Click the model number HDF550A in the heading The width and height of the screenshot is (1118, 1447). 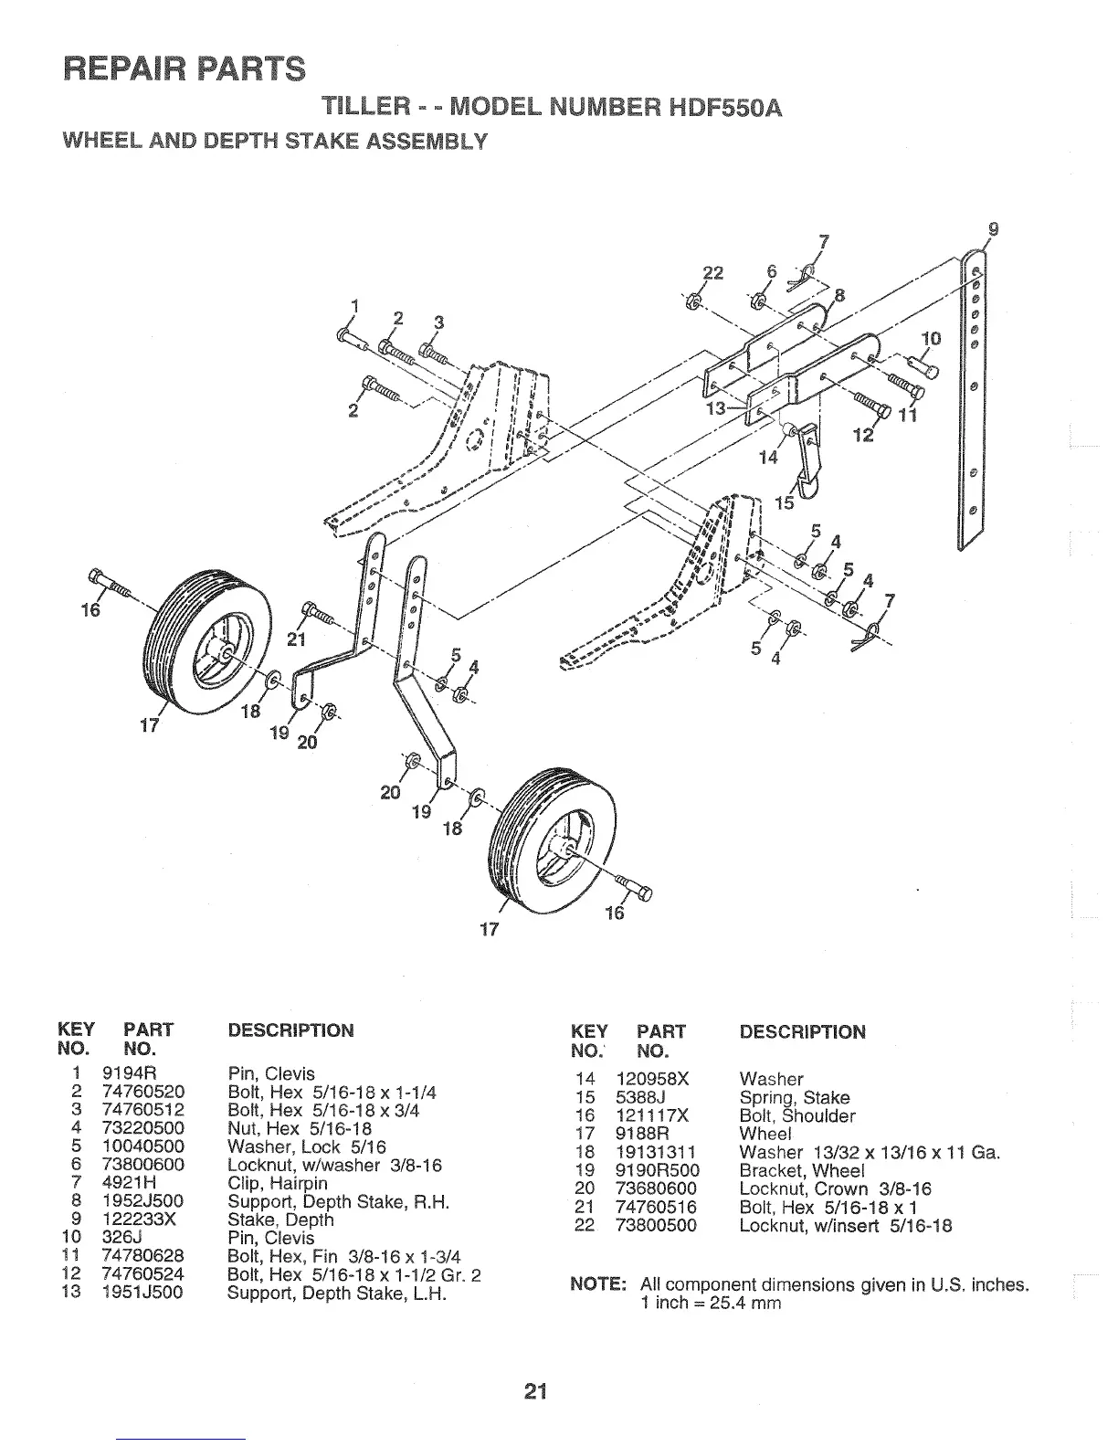712,109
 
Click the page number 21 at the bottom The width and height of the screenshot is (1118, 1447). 534,1392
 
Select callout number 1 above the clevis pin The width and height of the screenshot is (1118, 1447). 354,306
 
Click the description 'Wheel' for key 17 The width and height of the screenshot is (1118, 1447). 764,1134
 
